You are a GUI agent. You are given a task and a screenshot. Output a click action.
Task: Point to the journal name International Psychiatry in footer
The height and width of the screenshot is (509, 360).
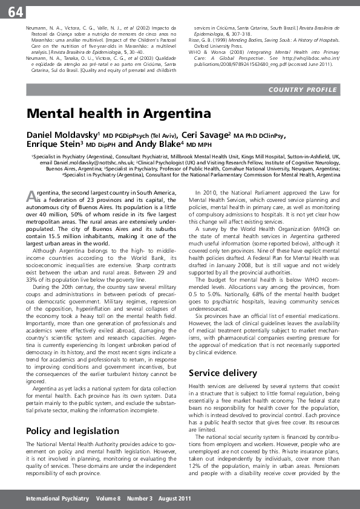pos(57,499)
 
